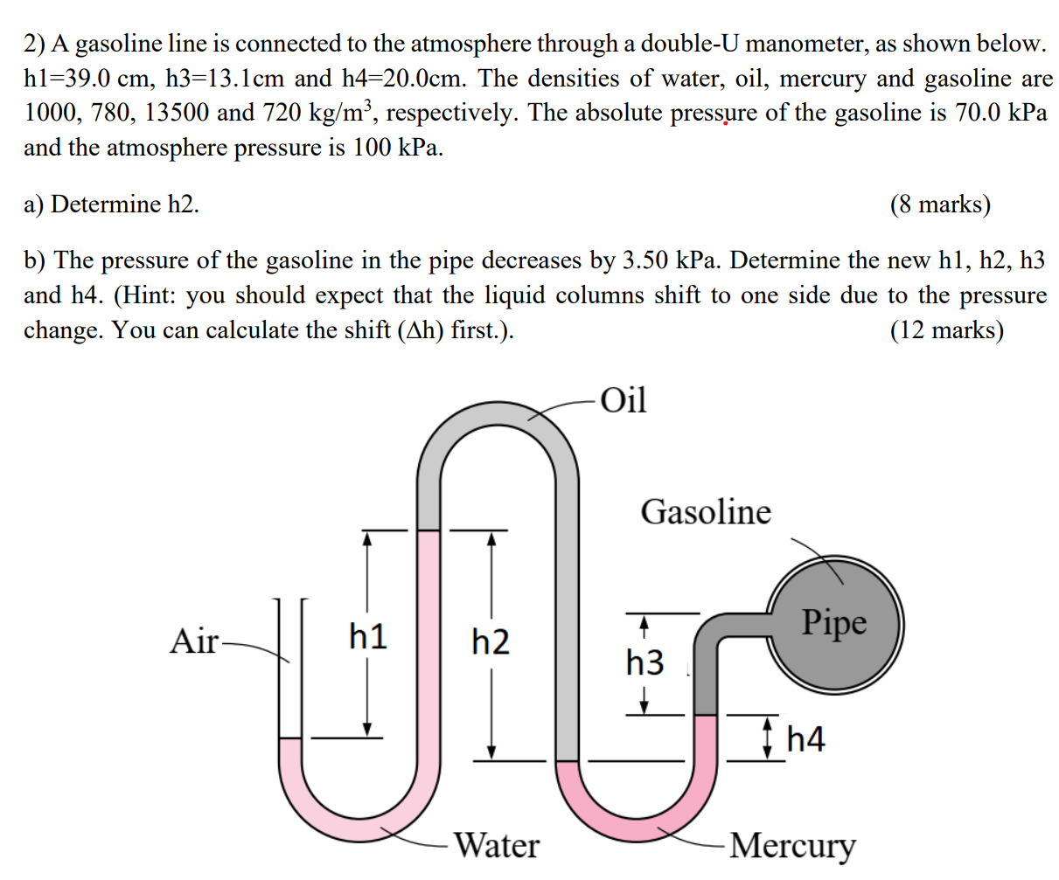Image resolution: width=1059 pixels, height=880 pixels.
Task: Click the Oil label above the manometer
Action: pos(624,400)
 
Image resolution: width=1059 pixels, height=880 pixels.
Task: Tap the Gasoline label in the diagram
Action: pos(706,511)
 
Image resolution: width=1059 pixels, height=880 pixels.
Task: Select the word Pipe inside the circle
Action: pos(834,622)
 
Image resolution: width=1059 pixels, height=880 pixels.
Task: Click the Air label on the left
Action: pos(194,641)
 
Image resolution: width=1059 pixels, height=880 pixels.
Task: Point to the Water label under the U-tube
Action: pos(497,845)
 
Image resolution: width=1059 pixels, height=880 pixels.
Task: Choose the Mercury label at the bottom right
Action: pos(792,845)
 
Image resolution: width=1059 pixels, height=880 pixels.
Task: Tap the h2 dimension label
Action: pos(490,642)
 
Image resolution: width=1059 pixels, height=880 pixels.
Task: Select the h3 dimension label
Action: pos(644,662)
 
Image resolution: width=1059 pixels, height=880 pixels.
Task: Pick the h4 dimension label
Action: pos(805,740)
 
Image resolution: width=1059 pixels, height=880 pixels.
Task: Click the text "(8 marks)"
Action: pos(940,204)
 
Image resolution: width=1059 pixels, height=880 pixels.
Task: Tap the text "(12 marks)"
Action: pos(946,330)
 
